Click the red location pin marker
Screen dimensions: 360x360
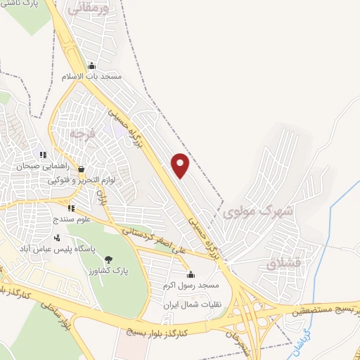click(x=181, y=165)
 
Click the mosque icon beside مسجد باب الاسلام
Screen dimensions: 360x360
click(x=91, y=67)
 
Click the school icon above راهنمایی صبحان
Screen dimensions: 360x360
click(x=44, y=155)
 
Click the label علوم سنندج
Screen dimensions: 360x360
click(x=71, y=219)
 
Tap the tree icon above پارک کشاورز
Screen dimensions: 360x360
click(x=108, y=259)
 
